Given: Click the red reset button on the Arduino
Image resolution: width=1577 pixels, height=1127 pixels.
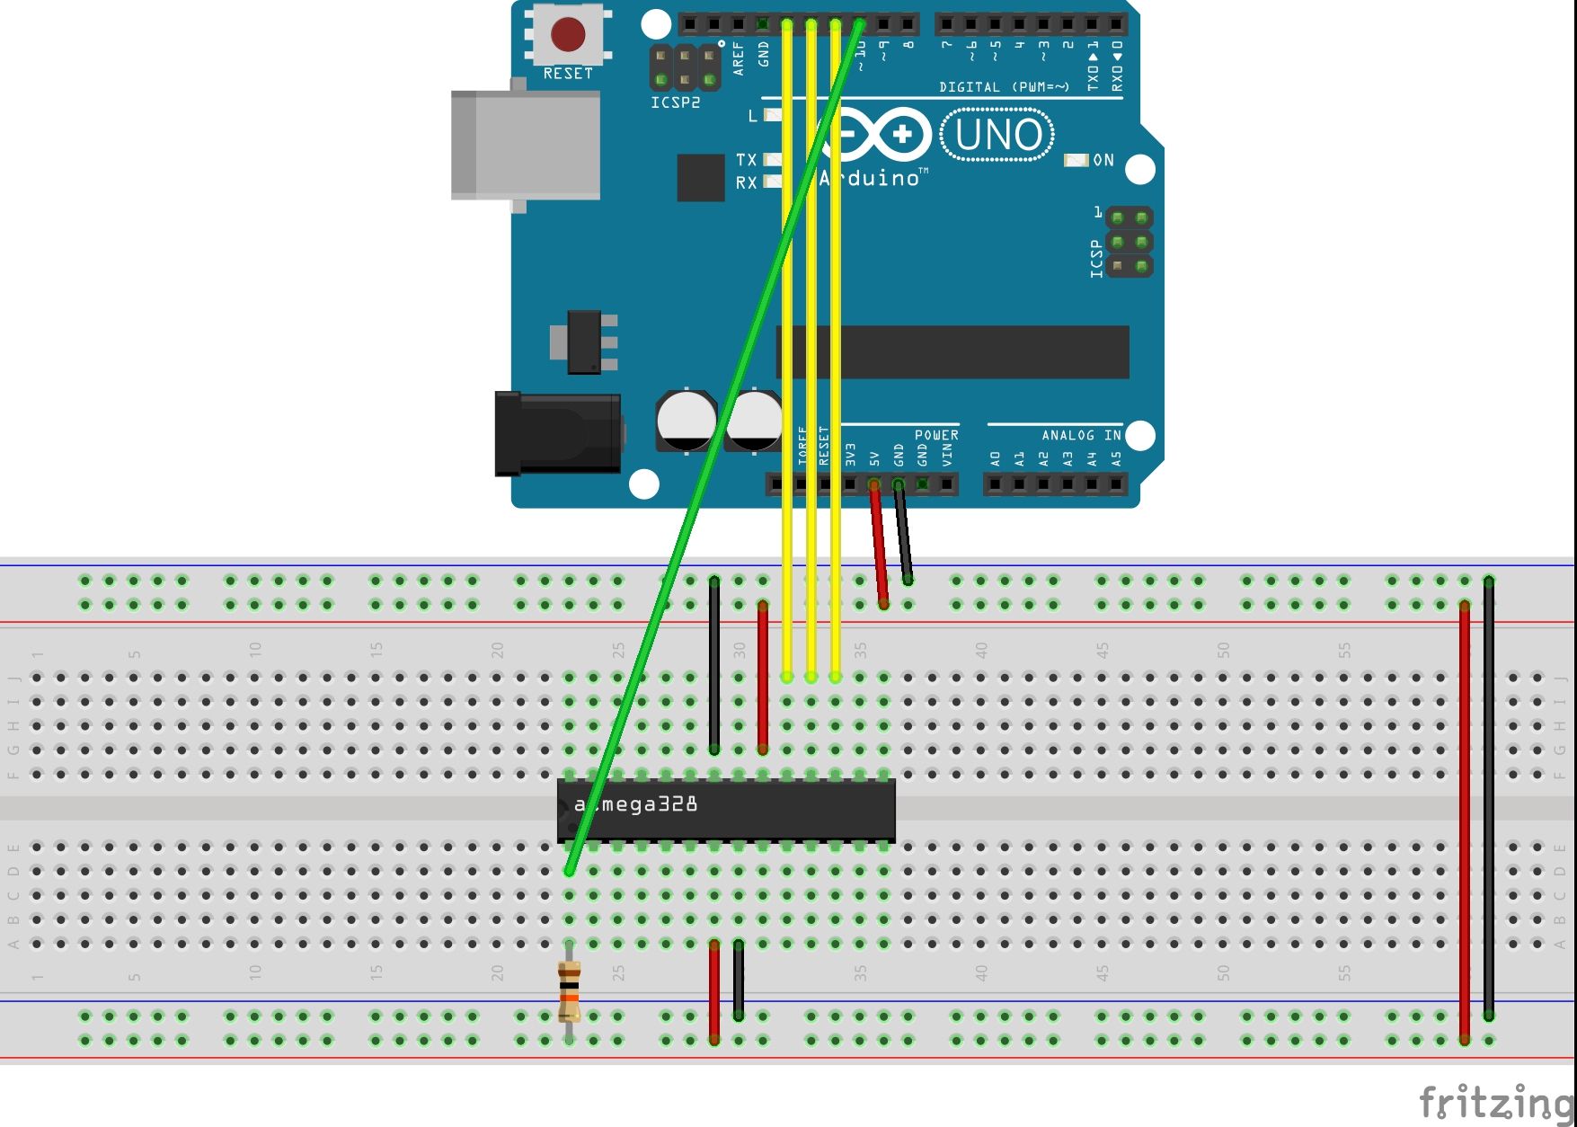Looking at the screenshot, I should [568, 35].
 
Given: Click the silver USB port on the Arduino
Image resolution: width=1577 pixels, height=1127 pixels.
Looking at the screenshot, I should [526, 144].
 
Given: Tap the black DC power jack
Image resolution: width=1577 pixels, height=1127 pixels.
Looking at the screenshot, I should [557, 433].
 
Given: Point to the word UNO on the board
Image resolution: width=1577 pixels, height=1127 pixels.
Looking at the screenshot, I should [997, 136].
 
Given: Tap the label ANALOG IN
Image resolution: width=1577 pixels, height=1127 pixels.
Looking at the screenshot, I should [1081, 435].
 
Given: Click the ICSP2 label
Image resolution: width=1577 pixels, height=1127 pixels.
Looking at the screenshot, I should [675, 102].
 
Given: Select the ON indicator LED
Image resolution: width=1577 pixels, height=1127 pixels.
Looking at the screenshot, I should [1076, 160].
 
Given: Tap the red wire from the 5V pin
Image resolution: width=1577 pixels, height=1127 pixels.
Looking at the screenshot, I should [879, 545].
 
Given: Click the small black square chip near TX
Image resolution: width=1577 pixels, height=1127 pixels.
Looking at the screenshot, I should [700, 177].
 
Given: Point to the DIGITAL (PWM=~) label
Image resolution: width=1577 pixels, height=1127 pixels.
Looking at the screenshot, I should [1004, 87].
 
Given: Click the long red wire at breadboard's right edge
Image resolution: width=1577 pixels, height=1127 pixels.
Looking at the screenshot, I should [1465, 818].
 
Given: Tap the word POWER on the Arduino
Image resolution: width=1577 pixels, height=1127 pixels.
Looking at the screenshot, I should [936, 435].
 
